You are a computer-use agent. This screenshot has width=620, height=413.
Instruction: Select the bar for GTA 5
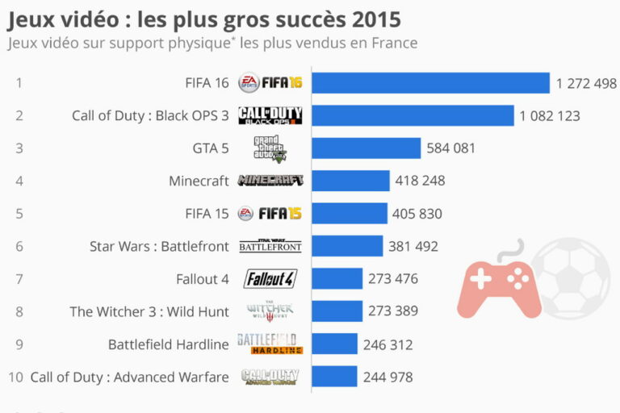366,148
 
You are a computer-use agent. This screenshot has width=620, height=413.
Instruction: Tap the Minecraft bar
350,181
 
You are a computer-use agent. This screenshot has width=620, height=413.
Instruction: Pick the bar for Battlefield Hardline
334,344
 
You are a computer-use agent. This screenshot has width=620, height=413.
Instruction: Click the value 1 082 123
550,115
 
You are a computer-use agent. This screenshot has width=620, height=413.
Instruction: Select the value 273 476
393,279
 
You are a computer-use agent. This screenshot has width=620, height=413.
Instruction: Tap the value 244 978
388,377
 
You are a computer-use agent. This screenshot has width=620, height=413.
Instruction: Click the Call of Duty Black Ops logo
270,115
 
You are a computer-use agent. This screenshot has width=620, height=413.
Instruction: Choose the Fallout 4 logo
270,279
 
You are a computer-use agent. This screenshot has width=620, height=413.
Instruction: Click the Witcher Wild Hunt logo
270,311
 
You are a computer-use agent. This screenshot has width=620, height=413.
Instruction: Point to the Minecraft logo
270,181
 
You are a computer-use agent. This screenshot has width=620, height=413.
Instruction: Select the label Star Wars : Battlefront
159,246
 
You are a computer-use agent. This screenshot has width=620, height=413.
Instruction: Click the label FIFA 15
207,214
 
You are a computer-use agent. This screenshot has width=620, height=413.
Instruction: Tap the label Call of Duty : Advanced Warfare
130,377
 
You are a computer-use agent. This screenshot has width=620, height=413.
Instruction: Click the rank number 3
19,148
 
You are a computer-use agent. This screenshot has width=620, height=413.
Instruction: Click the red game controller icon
498,284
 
